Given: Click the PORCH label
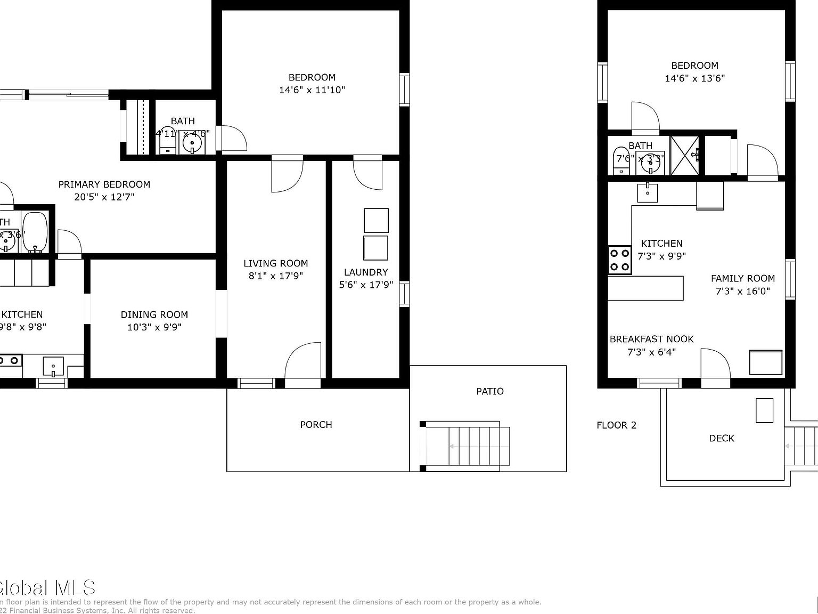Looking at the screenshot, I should tap(316, 425).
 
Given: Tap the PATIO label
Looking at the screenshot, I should tap(489, 391).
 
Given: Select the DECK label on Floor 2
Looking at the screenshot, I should tap(721, 438).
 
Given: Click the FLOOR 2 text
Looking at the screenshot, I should tap(616, 425).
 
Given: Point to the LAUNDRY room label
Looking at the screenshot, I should tap(365, 272).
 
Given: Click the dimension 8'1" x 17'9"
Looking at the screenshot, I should tap(275, 276).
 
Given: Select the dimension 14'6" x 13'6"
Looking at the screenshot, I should tap(694, 78).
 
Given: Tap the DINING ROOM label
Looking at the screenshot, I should tap(154, 314).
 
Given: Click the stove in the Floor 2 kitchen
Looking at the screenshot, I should tap(619, 260).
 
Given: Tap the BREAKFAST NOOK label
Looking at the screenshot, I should tap(651, 339).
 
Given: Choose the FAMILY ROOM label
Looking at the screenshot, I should tap(742, 278).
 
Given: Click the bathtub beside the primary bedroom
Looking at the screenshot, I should tap(35, 233).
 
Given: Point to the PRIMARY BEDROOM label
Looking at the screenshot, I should tap(104, 184).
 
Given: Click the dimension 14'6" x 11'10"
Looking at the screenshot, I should tap(312, 90).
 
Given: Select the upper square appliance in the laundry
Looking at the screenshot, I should tap(376, 220).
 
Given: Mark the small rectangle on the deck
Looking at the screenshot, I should tap(764, 410).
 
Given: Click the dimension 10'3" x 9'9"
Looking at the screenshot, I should tap(154, 327).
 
